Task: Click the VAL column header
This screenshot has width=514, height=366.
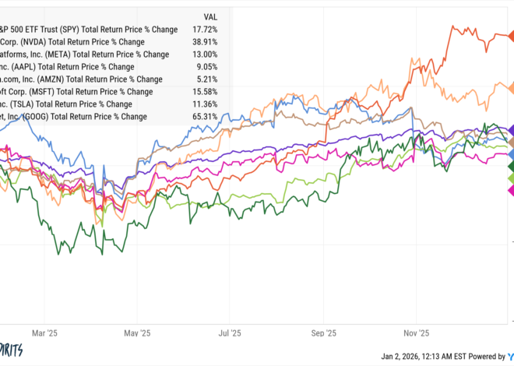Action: tap(209, 16)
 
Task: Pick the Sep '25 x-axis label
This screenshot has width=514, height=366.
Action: tap(322, 331)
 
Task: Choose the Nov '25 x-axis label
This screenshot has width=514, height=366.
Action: tap(415, 331)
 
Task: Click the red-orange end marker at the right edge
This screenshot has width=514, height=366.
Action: tap(509, 34)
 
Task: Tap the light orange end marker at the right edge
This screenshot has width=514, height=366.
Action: tap(509, 87)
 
